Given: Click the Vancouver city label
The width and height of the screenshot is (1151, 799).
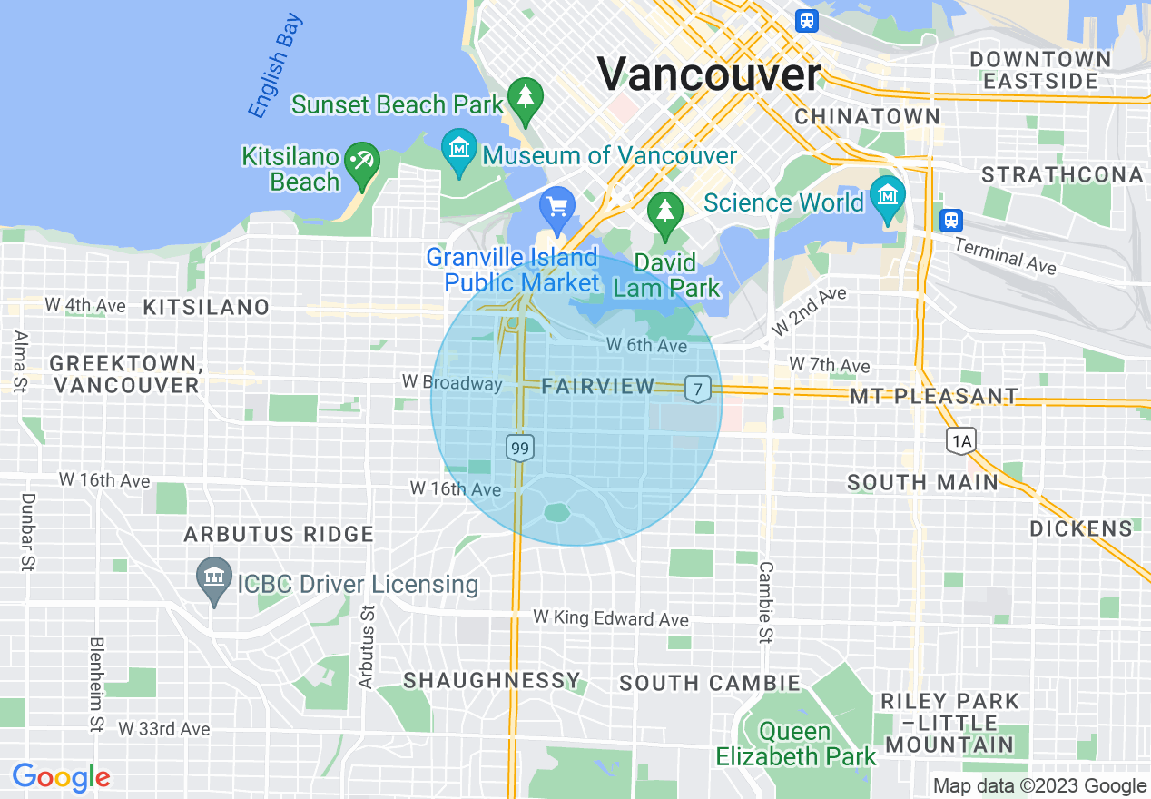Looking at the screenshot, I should click(709, 74).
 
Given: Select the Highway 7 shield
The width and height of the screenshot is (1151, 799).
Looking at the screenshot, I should click(697, 388).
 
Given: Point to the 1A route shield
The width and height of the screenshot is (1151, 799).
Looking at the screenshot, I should click(960, 442).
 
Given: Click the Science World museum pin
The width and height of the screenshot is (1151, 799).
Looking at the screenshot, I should click(887, 194).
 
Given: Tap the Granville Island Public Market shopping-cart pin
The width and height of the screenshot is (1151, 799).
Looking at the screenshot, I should click(556, 207).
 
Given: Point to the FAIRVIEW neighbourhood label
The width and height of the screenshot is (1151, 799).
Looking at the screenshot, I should click(597, 386).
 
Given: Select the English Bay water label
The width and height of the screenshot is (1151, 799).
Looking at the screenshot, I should click(275, 65).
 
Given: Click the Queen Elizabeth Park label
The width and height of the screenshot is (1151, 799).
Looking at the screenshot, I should click(796, 744).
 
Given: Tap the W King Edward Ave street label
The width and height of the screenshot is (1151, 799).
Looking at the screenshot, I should click(611, 619).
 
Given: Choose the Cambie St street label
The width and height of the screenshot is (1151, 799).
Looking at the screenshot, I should click(766, 602).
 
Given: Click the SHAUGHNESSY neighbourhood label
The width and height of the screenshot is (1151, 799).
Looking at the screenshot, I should click(491, 680).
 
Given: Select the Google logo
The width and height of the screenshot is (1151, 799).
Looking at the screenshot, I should click(61, 777).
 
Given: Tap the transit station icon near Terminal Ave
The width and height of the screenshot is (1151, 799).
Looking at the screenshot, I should click(950, 220).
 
